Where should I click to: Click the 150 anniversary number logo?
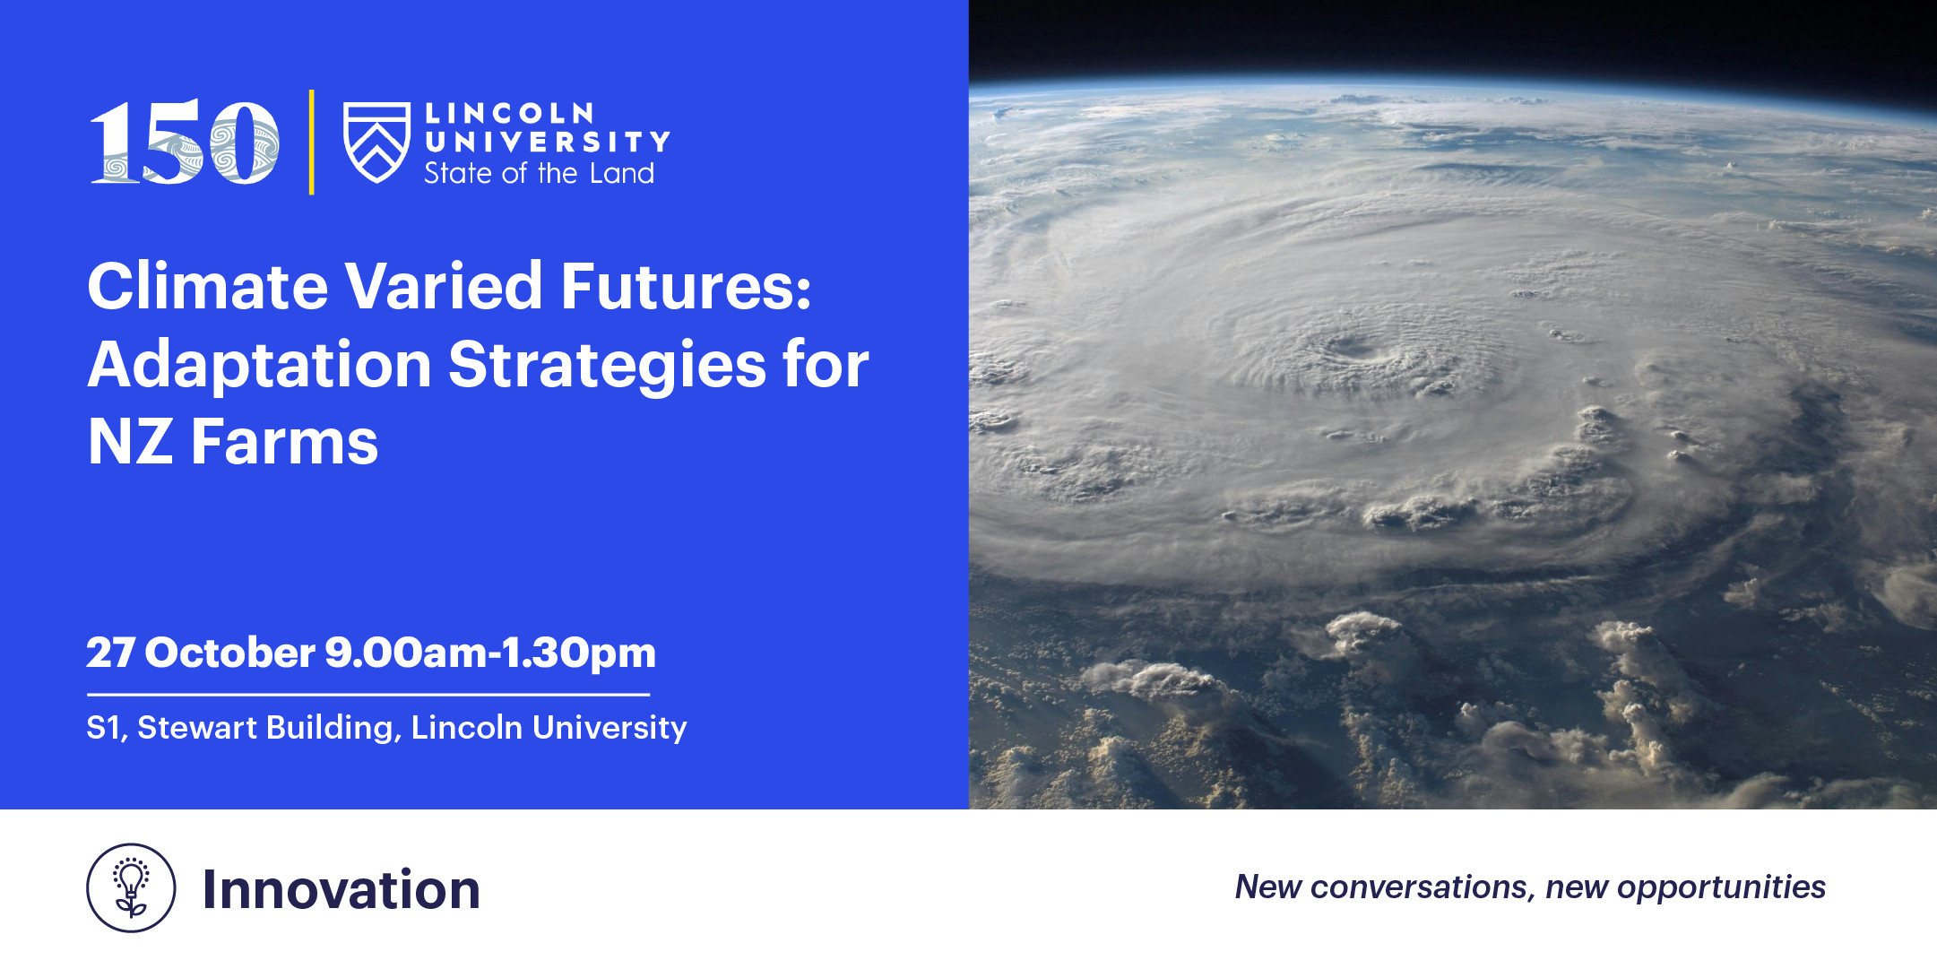tap(185, 142)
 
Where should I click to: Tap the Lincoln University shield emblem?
tap(377, 142)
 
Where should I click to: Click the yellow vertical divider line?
tap(311, 142)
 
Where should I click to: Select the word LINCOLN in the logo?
tap(509, 113)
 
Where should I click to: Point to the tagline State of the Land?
tap(539, 172)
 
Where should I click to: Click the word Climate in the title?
tap(208, 286)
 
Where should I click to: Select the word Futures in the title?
tap(687, 286)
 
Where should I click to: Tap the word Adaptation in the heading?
tap(260, 365)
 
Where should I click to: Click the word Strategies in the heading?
tap(607, 365)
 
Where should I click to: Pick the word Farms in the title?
tap(285, 442)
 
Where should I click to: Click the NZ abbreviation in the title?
tap(130, 442)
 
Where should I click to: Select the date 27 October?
tap(201, 652)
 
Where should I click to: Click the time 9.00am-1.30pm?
tap(490, 653)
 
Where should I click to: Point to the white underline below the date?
tap(368, 694)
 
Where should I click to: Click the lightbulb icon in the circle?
tap(132, 887)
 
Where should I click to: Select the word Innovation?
tap(342, 889)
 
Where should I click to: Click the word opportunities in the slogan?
tap(1721, 887)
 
